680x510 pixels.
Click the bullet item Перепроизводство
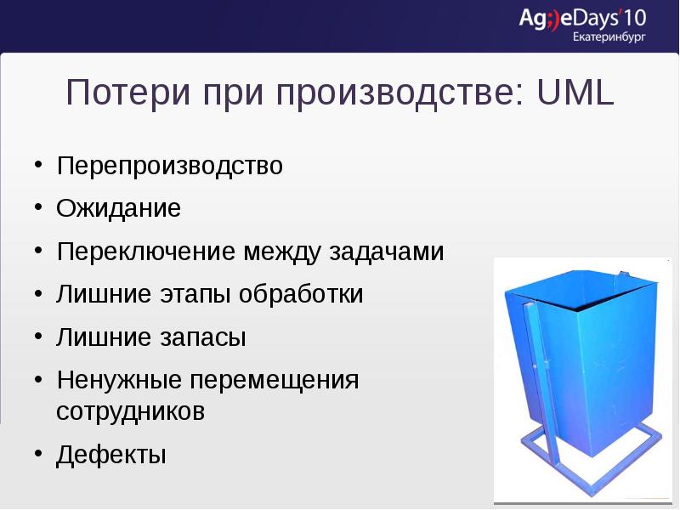point(169,165)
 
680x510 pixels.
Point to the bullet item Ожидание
point(118,208)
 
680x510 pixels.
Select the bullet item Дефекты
point(110,455)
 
